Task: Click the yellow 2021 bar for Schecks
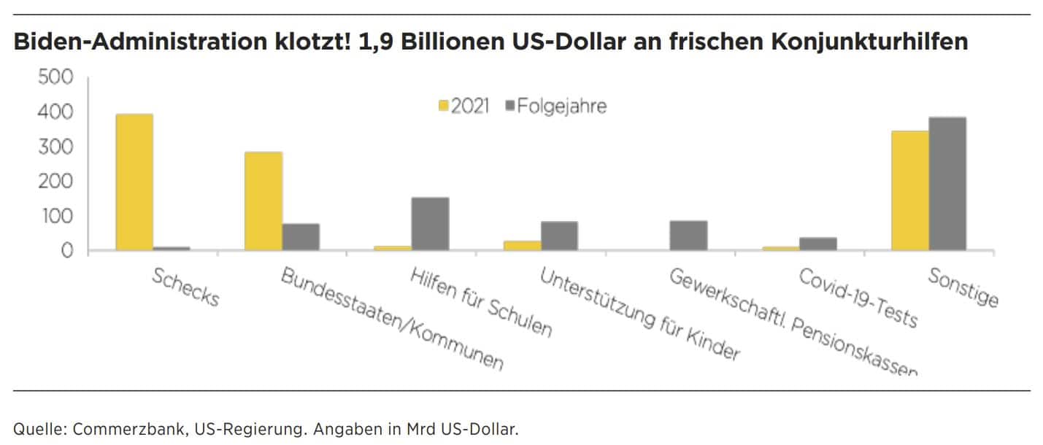point(134,182)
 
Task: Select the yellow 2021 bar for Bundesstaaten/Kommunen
point(263,201)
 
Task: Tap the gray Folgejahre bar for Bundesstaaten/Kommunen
point(301,237)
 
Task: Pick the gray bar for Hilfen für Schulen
point(430,224)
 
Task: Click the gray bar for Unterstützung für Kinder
point(559,236)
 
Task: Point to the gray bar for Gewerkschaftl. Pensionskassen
point(688,236)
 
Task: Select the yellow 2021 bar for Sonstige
point(910,191)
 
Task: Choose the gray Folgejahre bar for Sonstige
point(947,184)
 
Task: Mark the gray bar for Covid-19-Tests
point(818,244)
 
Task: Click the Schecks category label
point(185,287)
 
